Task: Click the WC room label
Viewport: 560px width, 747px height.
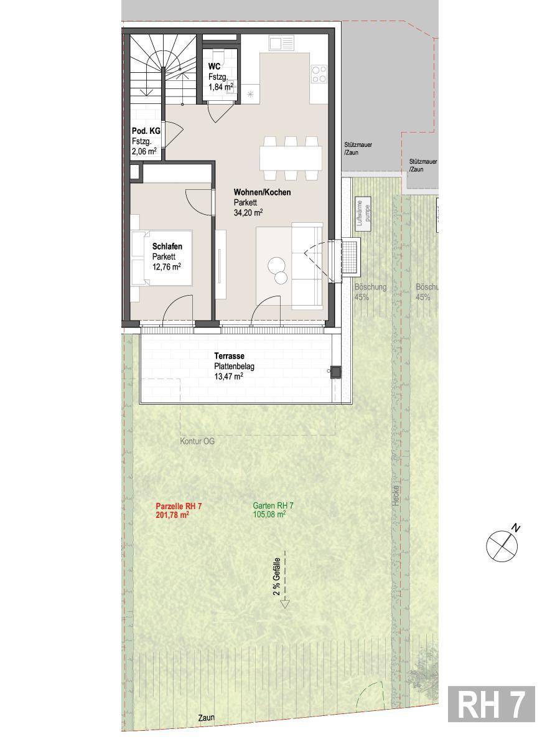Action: click(x=214, y=66)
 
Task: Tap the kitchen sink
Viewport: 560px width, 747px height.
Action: click(x=281, y=43)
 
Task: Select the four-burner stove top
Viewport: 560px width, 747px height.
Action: click(x=319, y=74)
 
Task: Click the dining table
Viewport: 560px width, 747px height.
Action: click(x=291, y=159)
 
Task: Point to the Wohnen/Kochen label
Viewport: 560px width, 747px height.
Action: click(x=262, y=192)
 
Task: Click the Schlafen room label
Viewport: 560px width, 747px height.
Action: click(x=167, y=246)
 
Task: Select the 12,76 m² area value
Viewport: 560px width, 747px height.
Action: click(x=166, y=267)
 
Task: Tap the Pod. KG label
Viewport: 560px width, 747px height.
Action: click(x=146, y=131)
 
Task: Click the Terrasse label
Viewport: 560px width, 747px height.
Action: click(x=229, y=356)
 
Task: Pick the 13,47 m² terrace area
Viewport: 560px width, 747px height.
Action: click(x=228, y=377)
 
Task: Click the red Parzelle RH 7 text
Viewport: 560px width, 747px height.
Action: click(x=179, y=506)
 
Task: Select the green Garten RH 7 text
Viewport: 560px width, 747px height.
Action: click(x=273, y=506)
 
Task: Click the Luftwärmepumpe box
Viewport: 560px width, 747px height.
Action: click(x=363, y=214)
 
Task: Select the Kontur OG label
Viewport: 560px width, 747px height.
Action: click(x=197, y=441)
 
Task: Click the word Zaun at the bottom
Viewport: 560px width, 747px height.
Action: click(x=207, y=717)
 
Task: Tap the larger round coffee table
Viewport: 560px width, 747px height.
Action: click(x=277, y=265)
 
